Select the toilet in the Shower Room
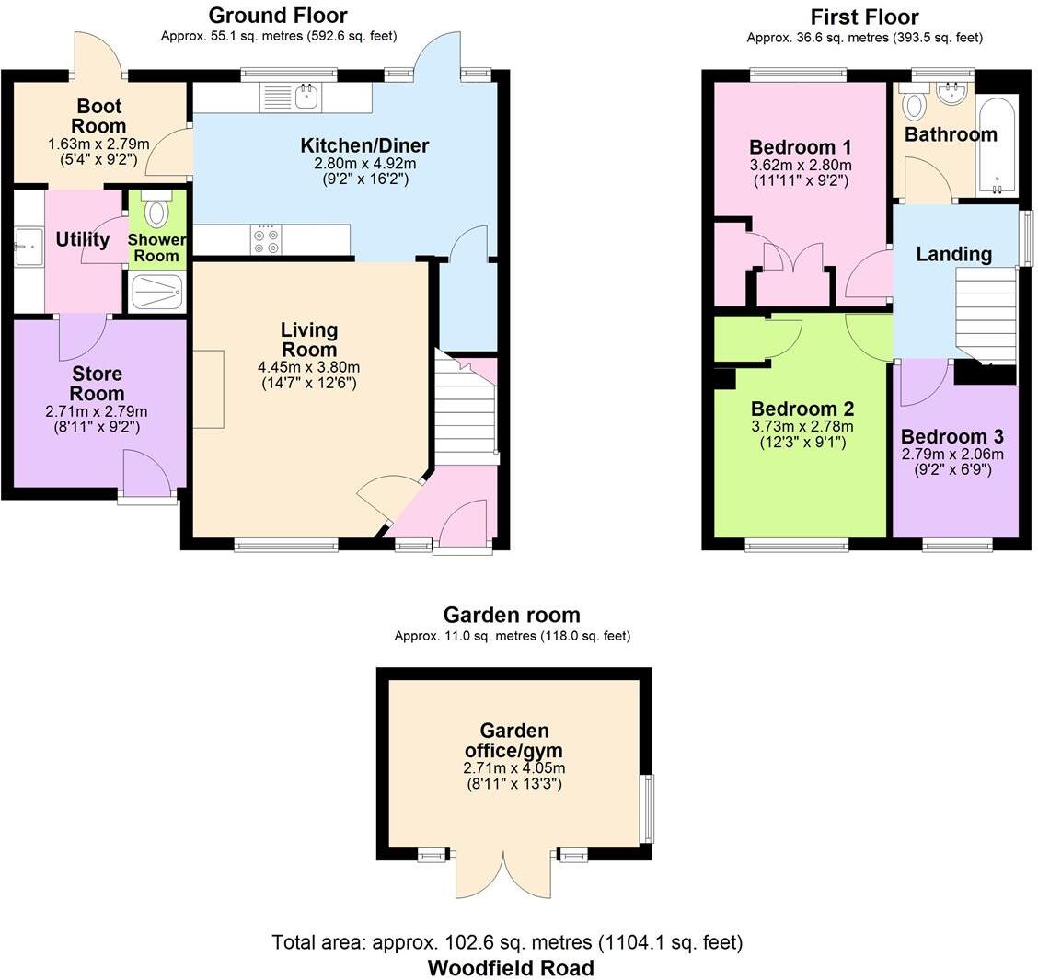click(157, 211)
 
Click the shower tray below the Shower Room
click(157, 293)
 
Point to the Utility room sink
click(28, 247)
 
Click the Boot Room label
click(100, 115)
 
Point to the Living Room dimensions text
click(307, 375)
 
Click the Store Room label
click(97, 384)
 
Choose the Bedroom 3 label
click(951, 437)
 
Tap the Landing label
click(953, 254)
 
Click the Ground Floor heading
click(278, 16)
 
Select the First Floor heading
click(864, 17)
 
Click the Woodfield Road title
click(511, 968)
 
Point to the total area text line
click(507, 943)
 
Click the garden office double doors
click(504, 874)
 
